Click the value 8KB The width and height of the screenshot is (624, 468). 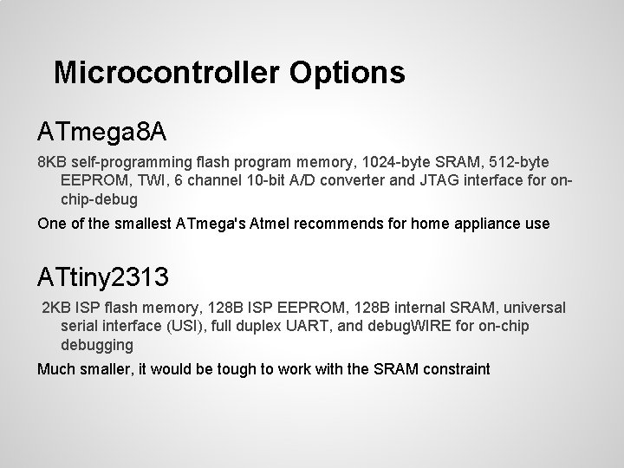(x=51, y=163)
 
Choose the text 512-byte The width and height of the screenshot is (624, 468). (x=517, y=163)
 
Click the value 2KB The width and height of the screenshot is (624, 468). (x=59, y=309)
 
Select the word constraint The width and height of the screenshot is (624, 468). (x=456, y=369)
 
